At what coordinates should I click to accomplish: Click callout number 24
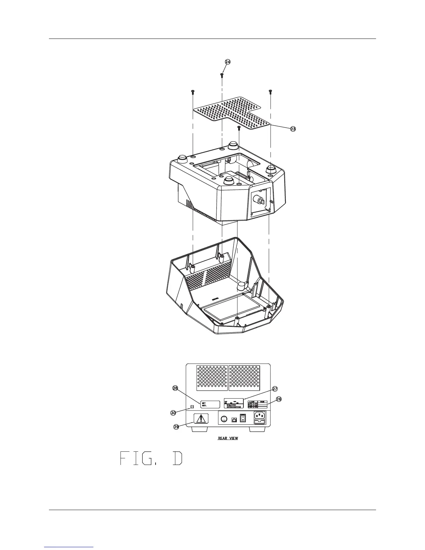pyautogui.click(x=227, y=62)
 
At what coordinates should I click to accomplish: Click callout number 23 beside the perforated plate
pyautogui.click(x=293, y=129)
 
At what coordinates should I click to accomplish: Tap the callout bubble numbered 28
pyautogui.click(x=175, y=388)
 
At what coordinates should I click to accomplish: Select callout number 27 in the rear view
pyautogui.click(x=275, y=389)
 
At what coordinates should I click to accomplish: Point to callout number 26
pyautogui.click(x=279, y=399)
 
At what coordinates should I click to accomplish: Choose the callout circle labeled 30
pyautogui.click(x=173, y=412)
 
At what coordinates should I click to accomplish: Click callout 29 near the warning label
pyautogui.click(x=176, y=427)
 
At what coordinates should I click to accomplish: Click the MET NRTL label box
pyautogui.click(x=210, y=404)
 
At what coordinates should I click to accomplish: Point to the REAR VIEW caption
pyautogui.click(x=228, y=438)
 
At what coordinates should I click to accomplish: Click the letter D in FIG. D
pyautogui.click(x=177, y=458)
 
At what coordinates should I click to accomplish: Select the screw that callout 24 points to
pyautogui.click(x=222, y=75)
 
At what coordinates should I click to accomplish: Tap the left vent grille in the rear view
pyautogui.click(x=212, y=376)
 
